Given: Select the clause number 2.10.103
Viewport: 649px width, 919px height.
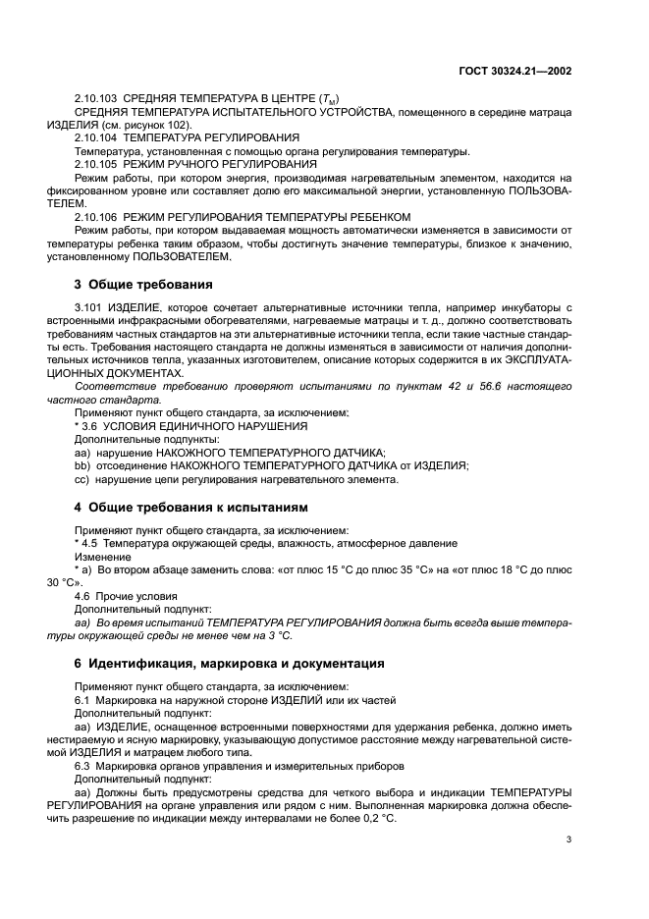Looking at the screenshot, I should point(96,99).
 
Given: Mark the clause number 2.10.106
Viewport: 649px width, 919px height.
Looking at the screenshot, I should point(96,216).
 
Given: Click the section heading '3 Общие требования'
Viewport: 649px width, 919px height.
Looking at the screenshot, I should point(143,285).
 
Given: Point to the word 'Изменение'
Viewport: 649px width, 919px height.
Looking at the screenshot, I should point(101,557).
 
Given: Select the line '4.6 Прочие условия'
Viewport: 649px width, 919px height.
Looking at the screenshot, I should point(126,596).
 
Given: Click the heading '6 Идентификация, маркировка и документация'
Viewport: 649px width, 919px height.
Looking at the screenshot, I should point(229,664).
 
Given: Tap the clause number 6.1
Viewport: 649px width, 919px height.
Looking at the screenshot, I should point(82,699).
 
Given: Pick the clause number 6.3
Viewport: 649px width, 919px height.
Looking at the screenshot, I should point(82,764).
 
